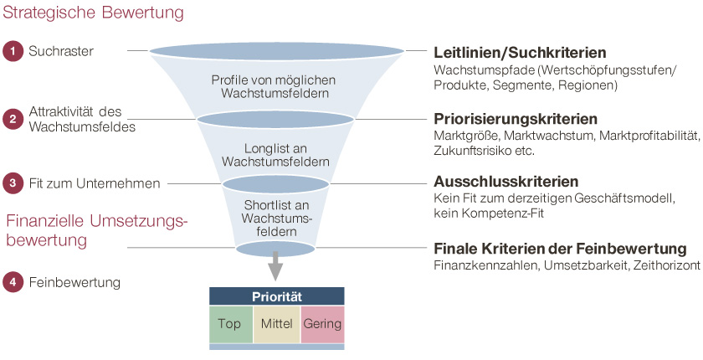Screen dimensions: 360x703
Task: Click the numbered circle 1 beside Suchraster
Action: coord(13,51)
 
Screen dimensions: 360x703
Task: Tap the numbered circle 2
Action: coord(13,119)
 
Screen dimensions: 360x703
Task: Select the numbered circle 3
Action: coord(13,182)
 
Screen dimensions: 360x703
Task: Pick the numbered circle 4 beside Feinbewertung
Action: coord(13,282)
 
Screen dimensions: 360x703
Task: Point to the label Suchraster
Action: coord(60,51)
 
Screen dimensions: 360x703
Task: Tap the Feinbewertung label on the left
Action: coord(74,283)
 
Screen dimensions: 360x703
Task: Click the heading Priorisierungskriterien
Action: coord(516,118)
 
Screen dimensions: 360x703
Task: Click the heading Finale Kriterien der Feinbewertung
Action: coord(560,249)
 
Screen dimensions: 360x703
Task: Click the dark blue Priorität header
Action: coord(276,296)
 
